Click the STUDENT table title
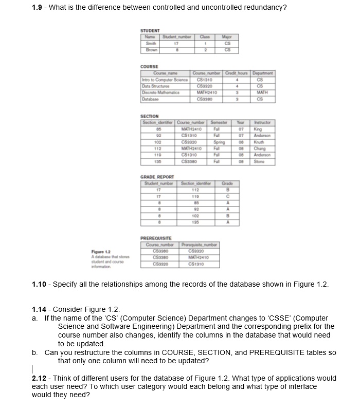(150, 31)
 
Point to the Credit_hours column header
(236, 74)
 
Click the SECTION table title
(150, 116)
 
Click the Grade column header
(227, 183)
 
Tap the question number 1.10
(40, 284)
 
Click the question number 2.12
(40, 378)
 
